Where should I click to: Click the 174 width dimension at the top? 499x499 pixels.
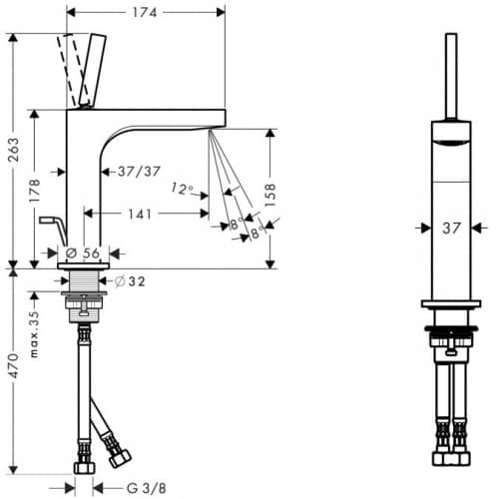click(145, 13)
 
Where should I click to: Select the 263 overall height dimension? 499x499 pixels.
click(14, 150)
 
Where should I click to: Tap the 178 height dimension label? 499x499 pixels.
click(35, 191)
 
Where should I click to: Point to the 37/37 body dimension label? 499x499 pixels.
click(139, 172)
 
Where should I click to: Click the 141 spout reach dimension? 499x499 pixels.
click(140, 214)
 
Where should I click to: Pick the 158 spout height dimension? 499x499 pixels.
click(270, 195)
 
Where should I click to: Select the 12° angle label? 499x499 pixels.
click(183, 189)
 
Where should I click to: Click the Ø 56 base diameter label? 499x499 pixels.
click(83, 253)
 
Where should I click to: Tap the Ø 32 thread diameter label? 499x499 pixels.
click(130, 281)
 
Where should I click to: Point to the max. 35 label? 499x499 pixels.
click(35, 334)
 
